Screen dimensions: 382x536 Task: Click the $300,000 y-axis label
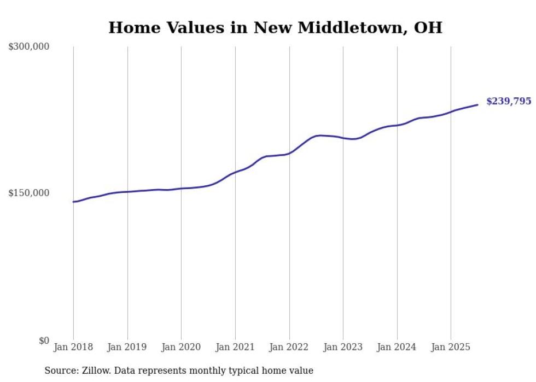(28, 47)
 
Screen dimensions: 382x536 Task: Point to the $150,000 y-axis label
(28, 193)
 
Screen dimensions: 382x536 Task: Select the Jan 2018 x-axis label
(73, 347)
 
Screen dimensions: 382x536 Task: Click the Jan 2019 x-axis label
(127, 347)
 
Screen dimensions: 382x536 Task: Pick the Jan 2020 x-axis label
(181, 347)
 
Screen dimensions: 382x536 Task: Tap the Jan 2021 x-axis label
(235, 347)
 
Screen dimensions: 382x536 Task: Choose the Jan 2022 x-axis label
(289, 347)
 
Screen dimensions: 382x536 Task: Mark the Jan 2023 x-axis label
(343, 347)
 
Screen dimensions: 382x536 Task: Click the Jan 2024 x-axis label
(397, 347)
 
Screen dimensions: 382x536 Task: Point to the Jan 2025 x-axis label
(451, 347)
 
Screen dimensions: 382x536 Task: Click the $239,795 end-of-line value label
(508, 102)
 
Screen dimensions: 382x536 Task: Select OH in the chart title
(428, 28)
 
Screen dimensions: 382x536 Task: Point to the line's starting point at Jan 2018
(73, 202)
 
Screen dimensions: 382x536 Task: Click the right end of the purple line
(477, 104)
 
